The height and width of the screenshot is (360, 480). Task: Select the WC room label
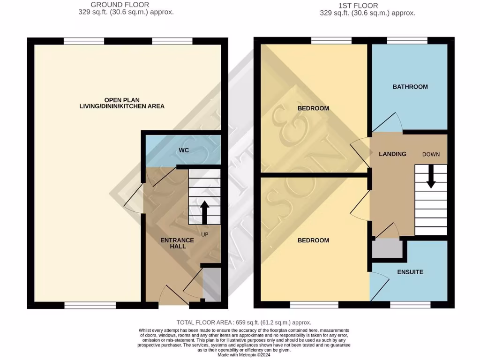[183, 151]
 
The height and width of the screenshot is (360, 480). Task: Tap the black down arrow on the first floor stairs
[431, 178]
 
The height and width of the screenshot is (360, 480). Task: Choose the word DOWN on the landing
[431, 154]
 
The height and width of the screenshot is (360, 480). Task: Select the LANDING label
[392, 154]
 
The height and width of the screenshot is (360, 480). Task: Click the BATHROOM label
[410, 87]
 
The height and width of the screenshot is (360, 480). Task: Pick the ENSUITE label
[410, 272]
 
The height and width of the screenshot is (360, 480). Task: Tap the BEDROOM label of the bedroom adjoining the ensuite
[313, 240]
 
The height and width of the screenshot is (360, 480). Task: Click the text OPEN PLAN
[122, 100]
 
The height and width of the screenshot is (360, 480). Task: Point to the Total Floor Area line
[244, 322]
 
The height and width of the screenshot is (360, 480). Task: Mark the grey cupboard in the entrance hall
[210, 284]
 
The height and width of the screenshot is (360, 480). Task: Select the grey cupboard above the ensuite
[388, 248]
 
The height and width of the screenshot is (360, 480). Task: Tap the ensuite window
[410, 305]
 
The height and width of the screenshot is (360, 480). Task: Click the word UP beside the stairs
[205, 234]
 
